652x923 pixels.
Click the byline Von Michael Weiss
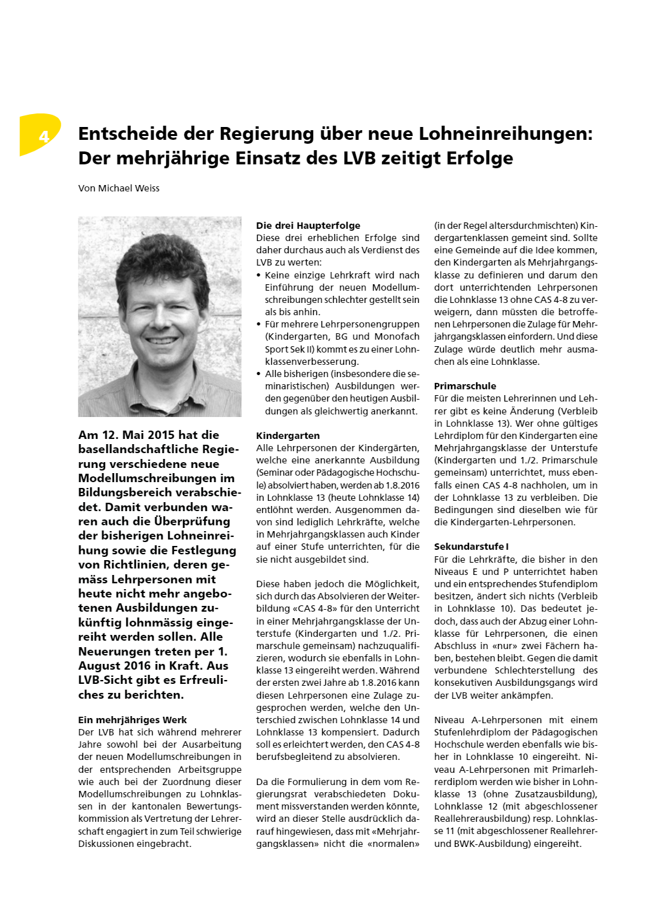pyautogui.click(x=119, y=188)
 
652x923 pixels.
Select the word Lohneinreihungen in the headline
pyautogui.click(x=503, y=133)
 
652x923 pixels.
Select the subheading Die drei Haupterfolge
pyautogui.click(x=308, y=226)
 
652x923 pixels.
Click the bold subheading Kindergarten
pyautogui.click(x=287, y=436)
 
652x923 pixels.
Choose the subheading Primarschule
pyautogui.click(x=465, y=386)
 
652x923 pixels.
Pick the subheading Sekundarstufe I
pyautogui.click(x=471, y=547)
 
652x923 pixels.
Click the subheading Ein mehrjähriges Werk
pyautogui.click(x=132, y=720)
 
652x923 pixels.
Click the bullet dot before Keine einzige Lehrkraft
pyautogui.click(x=258, y=275)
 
